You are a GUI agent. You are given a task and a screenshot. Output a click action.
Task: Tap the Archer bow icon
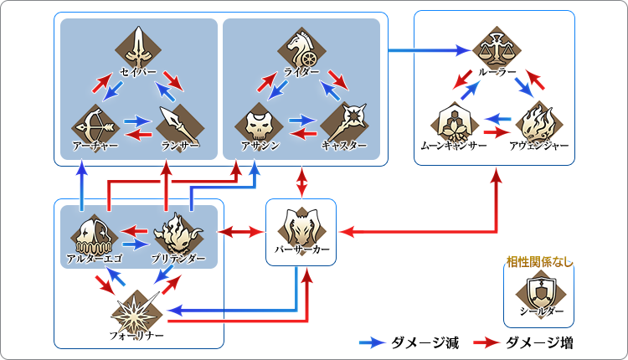pos(95,123)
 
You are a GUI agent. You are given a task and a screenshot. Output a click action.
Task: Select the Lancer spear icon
pos(178,123)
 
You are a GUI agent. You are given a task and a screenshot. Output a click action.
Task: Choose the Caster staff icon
pos(344,123)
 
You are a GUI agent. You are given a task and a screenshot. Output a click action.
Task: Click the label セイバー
pos(139,72)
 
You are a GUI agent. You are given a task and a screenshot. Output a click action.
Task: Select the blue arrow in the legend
pos(371,342)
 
